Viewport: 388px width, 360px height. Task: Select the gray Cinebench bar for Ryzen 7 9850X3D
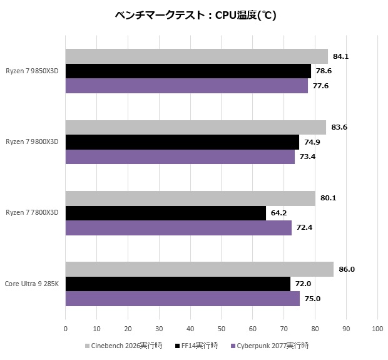point(197,56)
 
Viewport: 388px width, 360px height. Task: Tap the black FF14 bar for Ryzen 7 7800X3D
point(165,213)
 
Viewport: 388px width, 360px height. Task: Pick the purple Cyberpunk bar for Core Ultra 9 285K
point(182,299)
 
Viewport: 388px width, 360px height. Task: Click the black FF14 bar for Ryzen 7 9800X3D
point(182,141)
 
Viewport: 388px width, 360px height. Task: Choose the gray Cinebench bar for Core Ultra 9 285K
point(199,269)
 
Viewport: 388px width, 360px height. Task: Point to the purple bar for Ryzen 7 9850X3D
point(186,86)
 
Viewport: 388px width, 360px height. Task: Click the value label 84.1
point(340,56)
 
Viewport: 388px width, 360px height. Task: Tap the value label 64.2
point(278,213)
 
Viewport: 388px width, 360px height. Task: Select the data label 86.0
point(347,269)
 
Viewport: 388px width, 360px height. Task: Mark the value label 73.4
point(307,157)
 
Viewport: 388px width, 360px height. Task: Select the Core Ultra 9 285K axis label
point(32,284)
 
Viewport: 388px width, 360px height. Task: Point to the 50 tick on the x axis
point(221,328)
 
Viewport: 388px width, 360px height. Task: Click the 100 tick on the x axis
point(377,328)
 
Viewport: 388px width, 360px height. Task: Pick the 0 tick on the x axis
point(66,328)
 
